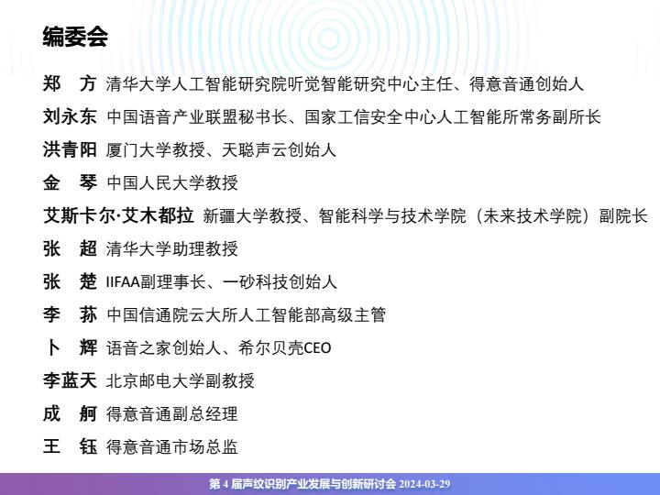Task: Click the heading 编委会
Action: tap(75, 36)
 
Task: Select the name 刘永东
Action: tap(70, 116)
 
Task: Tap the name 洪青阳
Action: tap(70, 149)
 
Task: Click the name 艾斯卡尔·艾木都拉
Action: tap(118, 216)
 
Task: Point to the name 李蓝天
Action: tap(70, 380)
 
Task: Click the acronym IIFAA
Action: tap(123, 282)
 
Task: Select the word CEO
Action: tap(317, 348)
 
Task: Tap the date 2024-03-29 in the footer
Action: tap(424, 484)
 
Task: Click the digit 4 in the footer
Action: tap(225, 484)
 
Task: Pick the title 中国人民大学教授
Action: tap(172, 182)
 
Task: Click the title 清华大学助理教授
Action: tap(172, 248)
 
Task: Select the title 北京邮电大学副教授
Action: tap(181, 381)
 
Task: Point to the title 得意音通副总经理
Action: tap(172, 413)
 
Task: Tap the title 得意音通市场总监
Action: tap(172, 446)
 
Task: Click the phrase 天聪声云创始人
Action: tap(279, 149)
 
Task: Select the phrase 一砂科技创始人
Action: tap(280, 282)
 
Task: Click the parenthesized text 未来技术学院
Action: tap(532, 216)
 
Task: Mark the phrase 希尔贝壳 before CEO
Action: tap(270, 348)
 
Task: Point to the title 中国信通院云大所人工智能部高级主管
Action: tap(247, 314)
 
